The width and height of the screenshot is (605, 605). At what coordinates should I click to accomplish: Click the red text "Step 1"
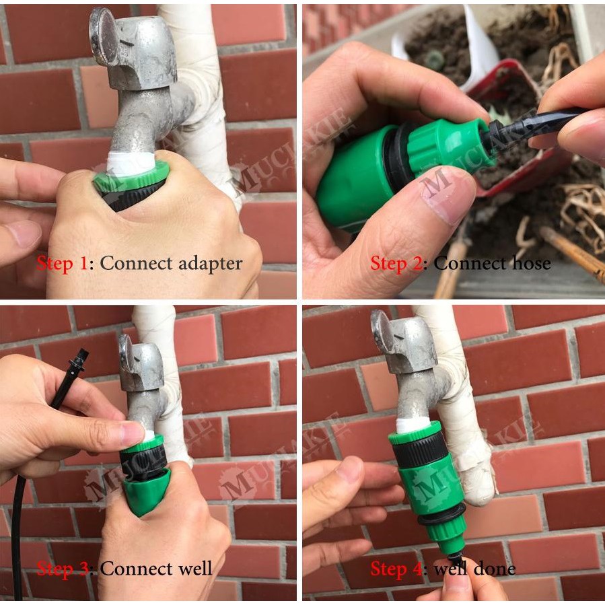click(x=62, y=264)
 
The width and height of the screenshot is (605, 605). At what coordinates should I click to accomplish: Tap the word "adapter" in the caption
click(x=210, y=264)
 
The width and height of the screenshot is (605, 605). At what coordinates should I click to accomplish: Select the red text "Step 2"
click(x=396, y=264)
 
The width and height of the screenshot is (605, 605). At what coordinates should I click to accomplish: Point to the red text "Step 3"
click(x=63, y=569)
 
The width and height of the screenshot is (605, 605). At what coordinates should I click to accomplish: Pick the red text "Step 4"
click(x=396, y=569)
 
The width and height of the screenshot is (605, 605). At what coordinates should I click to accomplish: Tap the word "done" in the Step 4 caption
click(x=495, y=569)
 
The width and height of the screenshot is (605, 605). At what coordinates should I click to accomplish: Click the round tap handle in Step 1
click(x=104, y=36)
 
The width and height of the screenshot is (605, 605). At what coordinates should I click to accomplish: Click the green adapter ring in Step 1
click(x=131, y=176)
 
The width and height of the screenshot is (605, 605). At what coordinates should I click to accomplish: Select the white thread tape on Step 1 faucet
click(x=131, y=164)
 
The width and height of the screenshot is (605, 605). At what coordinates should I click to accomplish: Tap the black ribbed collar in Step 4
click(x=420, y=449)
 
